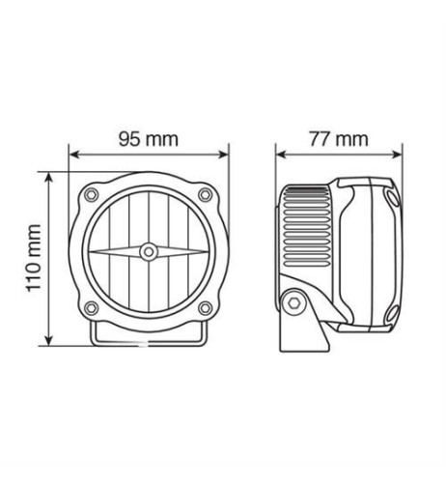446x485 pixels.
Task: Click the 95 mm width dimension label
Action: pos(148,138)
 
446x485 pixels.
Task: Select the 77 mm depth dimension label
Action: pos(340,138)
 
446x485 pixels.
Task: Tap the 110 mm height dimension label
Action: pos(34,256)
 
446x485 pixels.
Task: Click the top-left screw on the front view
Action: pos(92,196)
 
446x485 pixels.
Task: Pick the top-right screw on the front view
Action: pos(205,196)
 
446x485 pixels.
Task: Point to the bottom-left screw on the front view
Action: pos(92,308)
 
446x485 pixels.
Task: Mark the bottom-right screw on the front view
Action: pos(205,308)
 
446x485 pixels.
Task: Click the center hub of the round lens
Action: pos(148,252)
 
